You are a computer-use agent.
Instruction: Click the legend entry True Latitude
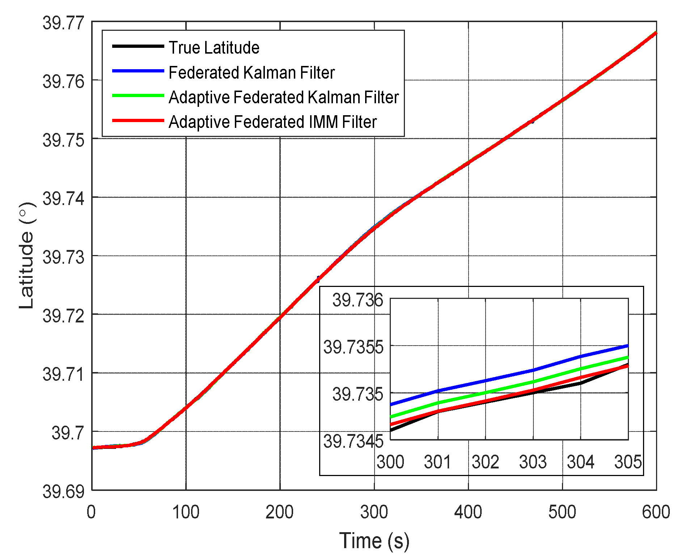coord(213,48)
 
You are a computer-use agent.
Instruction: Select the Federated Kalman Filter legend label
coord(251,72)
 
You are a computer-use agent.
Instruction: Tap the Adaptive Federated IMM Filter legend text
coord(272,122)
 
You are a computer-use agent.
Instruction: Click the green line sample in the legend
coord(138,96)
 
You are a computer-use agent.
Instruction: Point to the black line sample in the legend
coord(138,46)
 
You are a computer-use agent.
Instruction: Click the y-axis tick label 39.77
coord(63,23)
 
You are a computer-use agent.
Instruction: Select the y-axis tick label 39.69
coord(63,492)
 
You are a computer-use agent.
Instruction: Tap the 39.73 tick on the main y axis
coord(63,257)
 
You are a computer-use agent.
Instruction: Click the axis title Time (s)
coord(374,541)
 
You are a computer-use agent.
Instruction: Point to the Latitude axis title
coord(26,255)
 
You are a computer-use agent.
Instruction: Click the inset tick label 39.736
coord(358,300)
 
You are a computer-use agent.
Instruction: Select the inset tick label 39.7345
coord(353,441)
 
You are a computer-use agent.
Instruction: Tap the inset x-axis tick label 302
coord(485,462)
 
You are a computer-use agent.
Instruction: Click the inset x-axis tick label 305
coord(628,462)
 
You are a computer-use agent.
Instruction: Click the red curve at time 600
coord(655,33)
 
